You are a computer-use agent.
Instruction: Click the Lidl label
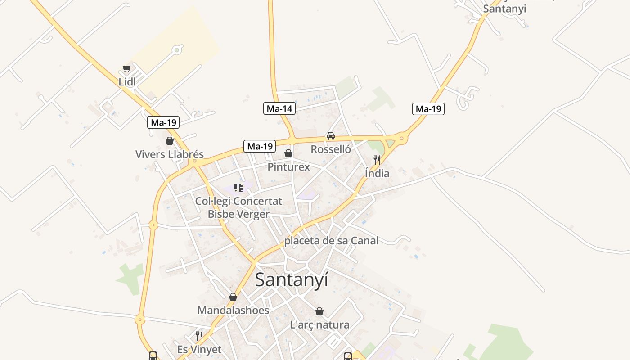[127, 82]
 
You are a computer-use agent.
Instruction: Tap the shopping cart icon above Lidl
[127, 69]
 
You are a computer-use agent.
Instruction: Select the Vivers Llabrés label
[169, 154]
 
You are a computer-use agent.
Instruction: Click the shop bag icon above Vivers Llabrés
[170, 141]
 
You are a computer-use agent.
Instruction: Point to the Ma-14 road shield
[279, 108]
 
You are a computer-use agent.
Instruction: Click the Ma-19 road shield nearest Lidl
[164, 122]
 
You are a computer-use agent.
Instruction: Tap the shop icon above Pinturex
[288, 153]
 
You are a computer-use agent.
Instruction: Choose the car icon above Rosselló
[331, 136]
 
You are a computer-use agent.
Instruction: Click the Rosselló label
[331, 149]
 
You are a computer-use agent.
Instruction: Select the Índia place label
[377, 173]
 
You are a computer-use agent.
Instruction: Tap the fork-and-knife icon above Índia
[377, 160]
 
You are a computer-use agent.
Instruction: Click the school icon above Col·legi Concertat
[238, 187]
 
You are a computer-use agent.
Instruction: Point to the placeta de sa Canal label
[331, 241]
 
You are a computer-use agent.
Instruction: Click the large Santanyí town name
[292, 279]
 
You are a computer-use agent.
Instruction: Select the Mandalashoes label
[233, 310]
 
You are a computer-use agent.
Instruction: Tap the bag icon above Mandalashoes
[233, 297]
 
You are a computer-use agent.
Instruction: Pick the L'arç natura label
[319, 324]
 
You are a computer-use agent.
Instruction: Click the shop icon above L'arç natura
[319, 311]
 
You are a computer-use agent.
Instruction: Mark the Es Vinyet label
[199, 350]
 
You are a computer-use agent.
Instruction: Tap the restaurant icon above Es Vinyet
[199, 336]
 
